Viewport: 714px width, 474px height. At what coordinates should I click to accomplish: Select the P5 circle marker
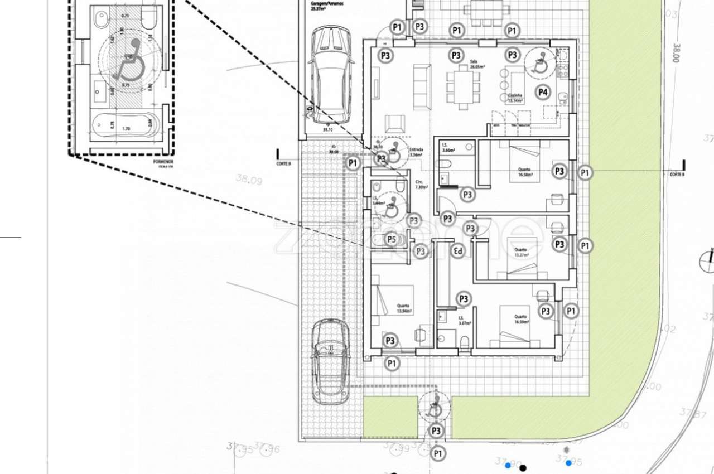[392, 240]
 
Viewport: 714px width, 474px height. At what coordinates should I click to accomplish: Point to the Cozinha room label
[515, 98]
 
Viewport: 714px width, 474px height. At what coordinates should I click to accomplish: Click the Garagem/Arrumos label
[328, 6]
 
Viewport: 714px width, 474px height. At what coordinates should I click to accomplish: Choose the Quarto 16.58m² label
[524, 172]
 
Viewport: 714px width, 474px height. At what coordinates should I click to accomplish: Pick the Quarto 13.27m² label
[521, 252]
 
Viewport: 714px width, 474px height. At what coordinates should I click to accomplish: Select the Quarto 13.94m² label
[403, 308]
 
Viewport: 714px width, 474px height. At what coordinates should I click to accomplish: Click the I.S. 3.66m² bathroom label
[448, 147]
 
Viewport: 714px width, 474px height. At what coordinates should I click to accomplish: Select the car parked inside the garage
[331, 75]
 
